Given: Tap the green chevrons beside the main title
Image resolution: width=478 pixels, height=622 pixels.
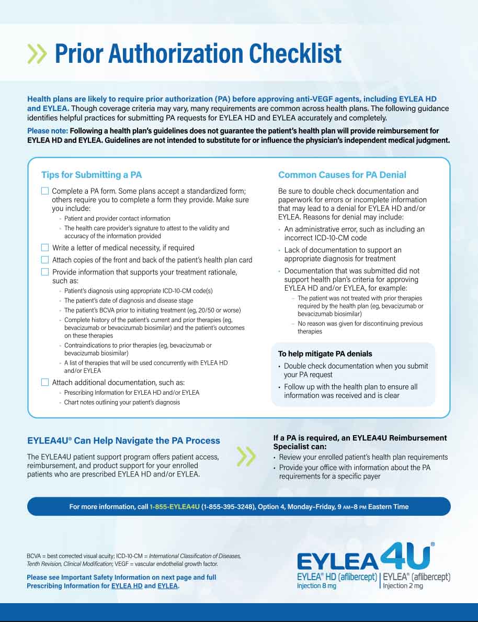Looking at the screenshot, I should pyautogui.click(x=37, y=53).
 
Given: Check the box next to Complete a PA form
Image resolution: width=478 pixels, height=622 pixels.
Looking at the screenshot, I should pyautogui.click(x=45, y=191).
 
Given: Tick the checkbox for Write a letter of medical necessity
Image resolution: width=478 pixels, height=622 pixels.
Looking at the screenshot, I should pyautogui.click(x=45, y=248).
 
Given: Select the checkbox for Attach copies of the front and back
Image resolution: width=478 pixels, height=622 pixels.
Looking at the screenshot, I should pyautogui.click(x=45, y=260).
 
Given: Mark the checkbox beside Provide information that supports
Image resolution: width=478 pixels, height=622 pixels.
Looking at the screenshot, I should pyautogui.click(x=45, y=272).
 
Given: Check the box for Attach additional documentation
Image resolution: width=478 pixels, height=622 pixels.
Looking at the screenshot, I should pyautogui.click(x=45, y=382).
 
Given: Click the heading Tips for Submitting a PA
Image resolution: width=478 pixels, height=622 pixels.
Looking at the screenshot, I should pyautogui.click(x=92, y=175).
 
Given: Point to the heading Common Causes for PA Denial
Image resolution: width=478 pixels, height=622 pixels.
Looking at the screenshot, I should pyautogui.click(x=342, y=175).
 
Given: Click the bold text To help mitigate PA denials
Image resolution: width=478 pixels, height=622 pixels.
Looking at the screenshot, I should pyautogui.click(x=325, y=354).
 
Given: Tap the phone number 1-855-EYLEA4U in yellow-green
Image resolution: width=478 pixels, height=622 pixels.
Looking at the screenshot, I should pyautogui.click(x=175, y=507).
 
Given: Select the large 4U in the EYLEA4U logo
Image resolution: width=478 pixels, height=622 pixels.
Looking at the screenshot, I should pyautogui.click(x=406, y=557).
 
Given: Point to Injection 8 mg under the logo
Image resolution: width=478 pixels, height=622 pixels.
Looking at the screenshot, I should pyautogui.click(x=316, y=586).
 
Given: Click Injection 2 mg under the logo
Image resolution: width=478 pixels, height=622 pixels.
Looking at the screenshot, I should pyautogui.click(x=403, y=586).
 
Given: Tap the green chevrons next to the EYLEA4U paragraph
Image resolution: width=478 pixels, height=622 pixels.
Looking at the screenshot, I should pyautogui.click(x=246, y=457).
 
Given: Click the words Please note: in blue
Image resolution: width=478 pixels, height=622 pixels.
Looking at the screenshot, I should pyautogui.click(x=47, y=131).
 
